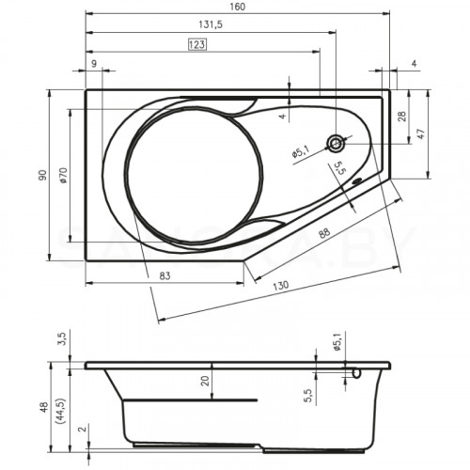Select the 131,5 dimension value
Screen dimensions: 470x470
click(209, 25)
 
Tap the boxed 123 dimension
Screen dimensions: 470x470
click(197, 44)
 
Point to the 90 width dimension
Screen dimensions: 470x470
click(41, 175)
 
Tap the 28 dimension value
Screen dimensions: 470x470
click(401, 116)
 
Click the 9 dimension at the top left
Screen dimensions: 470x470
click(95, 63)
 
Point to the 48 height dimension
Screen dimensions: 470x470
click(41, 408)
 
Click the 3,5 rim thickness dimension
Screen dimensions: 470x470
click(62, 337)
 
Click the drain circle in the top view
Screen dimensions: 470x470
click(336, 144)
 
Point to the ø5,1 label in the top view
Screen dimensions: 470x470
click(300, 150)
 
